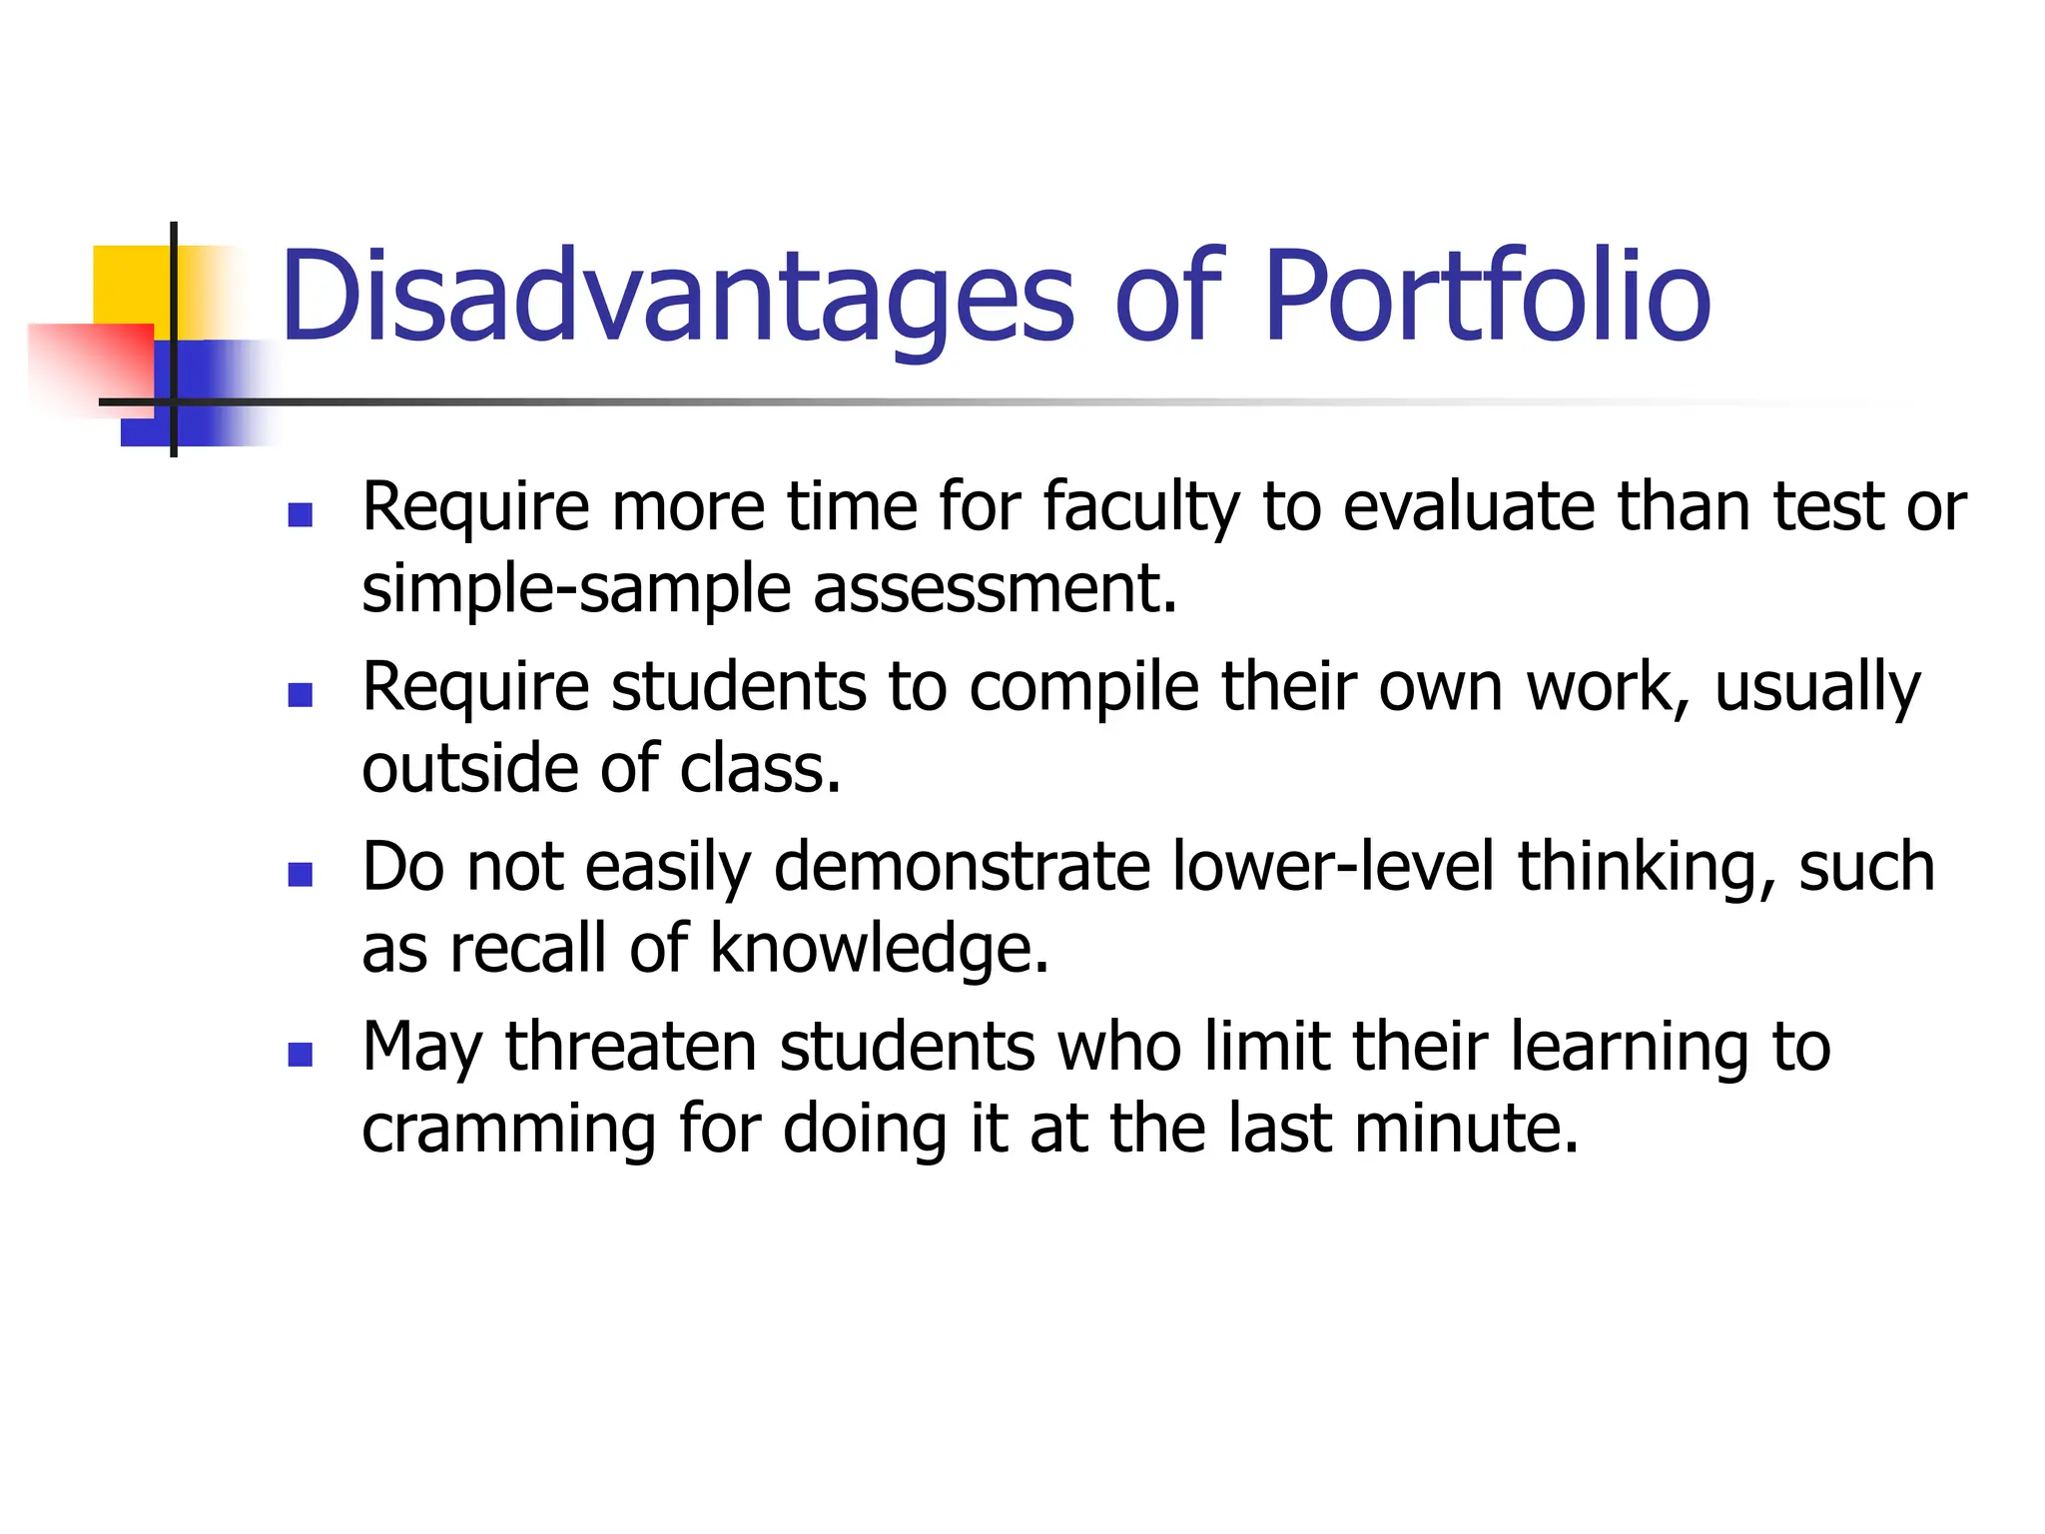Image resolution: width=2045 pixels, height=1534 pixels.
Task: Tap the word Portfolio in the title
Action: pos(1487,298)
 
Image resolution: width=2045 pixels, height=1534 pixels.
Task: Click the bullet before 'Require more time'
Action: pos(300,514)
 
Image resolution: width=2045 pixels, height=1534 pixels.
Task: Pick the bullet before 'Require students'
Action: pos(300,694)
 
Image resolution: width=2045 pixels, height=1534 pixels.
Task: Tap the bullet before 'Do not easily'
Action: pos(300,874)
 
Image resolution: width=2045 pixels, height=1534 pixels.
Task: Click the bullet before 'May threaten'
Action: pos(300,1055)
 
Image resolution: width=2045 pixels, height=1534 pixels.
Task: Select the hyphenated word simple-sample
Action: pos(576,589)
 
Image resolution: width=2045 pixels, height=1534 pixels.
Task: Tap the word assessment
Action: pos(995,589)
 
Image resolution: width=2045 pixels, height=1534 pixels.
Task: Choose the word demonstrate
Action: pos(963,867)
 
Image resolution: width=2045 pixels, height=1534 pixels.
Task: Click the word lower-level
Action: pos(1333,867)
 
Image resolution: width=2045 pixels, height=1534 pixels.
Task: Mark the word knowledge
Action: pos(879,949)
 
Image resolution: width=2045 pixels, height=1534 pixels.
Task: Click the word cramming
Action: pos(508,1130)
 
